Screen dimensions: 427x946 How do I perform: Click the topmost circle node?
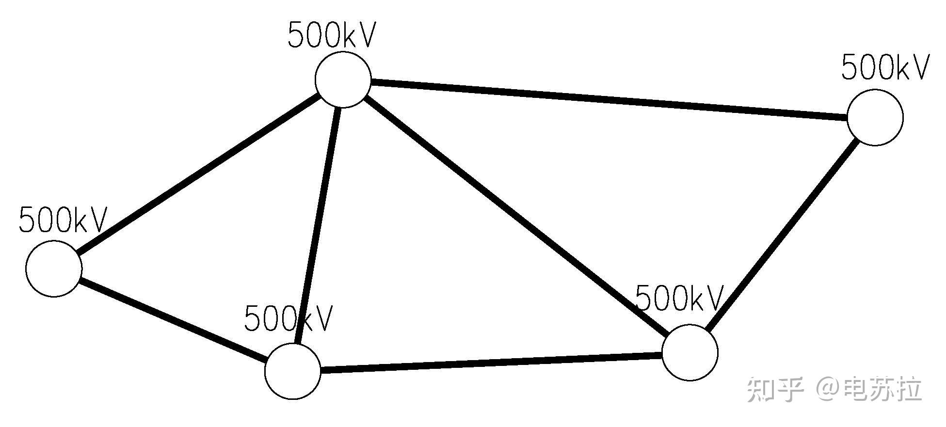click(x=343, y=79)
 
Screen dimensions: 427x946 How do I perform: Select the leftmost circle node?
click(x=54, y=268)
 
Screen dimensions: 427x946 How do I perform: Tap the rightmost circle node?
click(x=875, y=117)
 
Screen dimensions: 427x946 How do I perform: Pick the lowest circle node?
click(x=293, y=371)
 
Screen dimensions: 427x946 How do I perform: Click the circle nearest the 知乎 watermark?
click(x=689, y=352)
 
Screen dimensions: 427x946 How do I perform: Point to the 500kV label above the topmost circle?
click(x=332, y=35)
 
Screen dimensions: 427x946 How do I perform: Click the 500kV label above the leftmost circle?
click(x=63, y=221)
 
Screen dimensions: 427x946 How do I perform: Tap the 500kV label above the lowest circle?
click(x=289, y=318)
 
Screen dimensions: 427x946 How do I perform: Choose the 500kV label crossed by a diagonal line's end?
click(x=679, y=298)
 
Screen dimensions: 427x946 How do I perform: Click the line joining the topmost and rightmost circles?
click(x=609, y=100)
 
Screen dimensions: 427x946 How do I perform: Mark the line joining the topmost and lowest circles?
click(x=318, y=225)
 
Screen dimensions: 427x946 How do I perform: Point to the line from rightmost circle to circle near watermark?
click(x=782, y=235)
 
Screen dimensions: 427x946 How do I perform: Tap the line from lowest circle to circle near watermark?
click(x=491, y=363)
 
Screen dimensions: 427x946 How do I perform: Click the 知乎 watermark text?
click(x=774, y=389)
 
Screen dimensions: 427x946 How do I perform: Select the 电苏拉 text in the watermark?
click(x=882, y=389)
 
